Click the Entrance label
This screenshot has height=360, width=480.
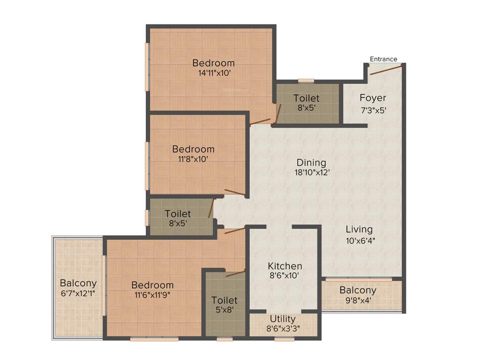pyautogui.click(x=383, y=59)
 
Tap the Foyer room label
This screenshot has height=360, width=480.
pyautogui.click(x=373, y=98)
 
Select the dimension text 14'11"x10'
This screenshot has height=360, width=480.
pyautogui.click(x=214, y=73)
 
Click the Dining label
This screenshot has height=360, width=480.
pyautogui.click(x=311, y=163)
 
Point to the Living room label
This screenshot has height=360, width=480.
pyautogui.click(x=359, y=229)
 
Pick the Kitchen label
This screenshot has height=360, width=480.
pyautogui.click(x=285, y=266)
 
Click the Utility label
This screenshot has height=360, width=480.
pyautogui.click(x=284, y=319)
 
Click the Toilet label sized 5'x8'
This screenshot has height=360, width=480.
pyautogui.click(x=224, y=300)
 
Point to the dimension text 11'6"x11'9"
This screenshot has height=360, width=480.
pyautogui.click(x=152, y=294)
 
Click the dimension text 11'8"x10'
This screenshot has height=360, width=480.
pyautogui.click(x=193, y=159)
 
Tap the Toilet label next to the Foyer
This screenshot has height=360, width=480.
pyautogui.click(x=307, y=98)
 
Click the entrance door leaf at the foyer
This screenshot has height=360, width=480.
pyautogui.click(x=386, y=70)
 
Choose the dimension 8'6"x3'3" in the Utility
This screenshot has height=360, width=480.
pyautogui.click(x=284, y=329)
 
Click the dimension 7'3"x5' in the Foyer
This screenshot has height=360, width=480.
pyautogui.click(x=373, y=111)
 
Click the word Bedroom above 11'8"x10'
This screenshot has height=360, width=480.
pyautogui.click(x=193, y=149)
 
